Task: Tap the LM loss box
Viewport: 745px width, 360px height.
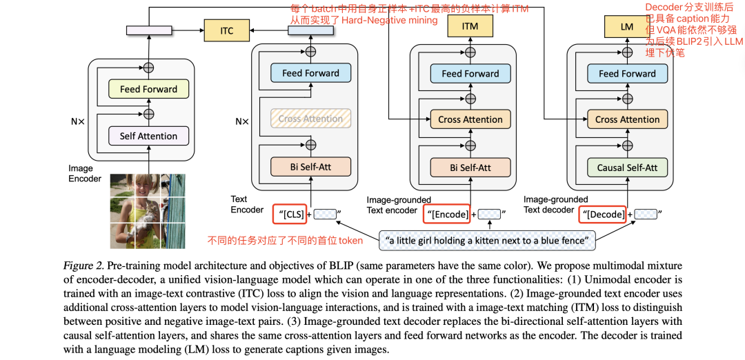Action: (626, 27)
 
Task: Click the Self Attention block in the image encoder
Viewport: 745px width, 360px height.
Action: (148, 136)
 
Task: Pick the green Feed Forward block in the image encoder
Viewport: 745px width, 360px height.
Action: (148, 89)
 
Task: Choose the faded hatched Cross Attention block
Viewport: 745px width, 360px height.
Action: (310, 119)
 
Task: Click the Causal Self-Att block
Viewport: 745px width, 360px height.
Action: (626, 167)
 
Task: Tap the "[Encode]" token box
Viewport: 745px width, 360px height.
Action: (446, 214)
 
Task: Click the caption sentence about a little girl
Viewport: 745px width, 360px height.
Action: (487, 241)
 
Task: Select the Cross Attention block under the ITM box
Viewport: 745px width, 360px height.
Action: (470, 119)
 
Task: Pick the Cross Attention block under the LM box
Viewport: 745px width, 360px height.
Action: (626, 119)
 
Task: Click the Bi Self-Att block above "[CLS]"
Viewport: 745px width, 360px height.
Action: (310, 167)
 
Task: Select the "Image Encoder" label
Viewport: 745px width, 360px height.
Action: (85, 174)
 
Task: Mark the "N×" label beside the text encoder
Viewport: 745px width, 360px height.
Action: (241, 121)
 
